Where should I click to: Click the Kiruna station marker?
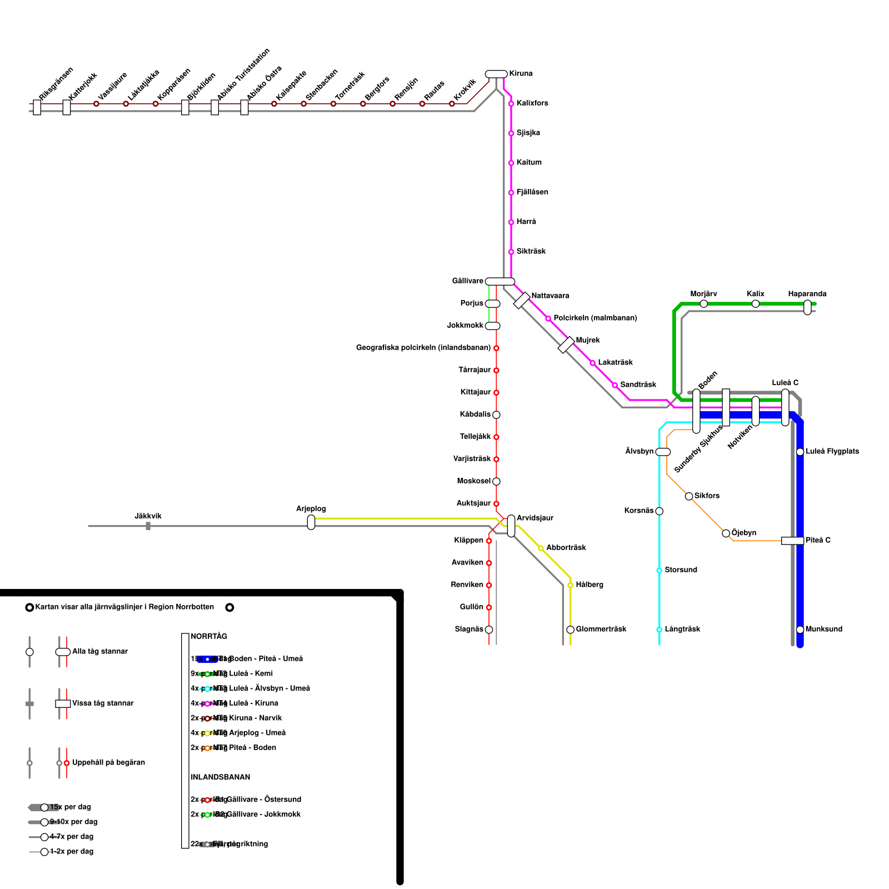496,74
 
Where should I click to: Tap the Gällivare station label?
467,281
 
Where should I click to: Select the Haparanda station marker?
807,307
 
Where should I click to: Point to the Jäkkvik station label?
148,516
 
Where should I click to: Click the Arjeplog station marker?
311,522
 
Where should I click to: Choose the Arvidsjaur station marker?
511,526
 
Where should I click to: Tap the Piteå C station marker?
792,541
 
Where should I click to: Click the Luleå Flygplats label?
832,451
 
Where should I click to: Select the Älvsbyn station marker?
663,452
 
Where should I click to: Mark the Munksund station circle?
800,630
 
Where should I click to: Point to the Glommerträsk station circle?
570,630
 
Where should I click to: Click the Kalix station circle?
756,303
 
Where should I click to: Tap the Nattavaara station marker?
522,301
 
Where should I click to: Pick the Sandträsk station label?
638,384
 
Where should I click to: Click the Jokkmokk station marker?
493,326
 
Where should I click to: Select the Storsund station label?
681,570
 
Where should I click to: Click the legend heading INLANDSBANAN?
220,777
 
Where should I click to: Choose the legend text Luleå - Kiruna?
253,703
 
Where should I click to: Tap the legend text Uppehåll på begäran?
108,762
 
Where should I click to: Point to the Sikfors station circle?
689,496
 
